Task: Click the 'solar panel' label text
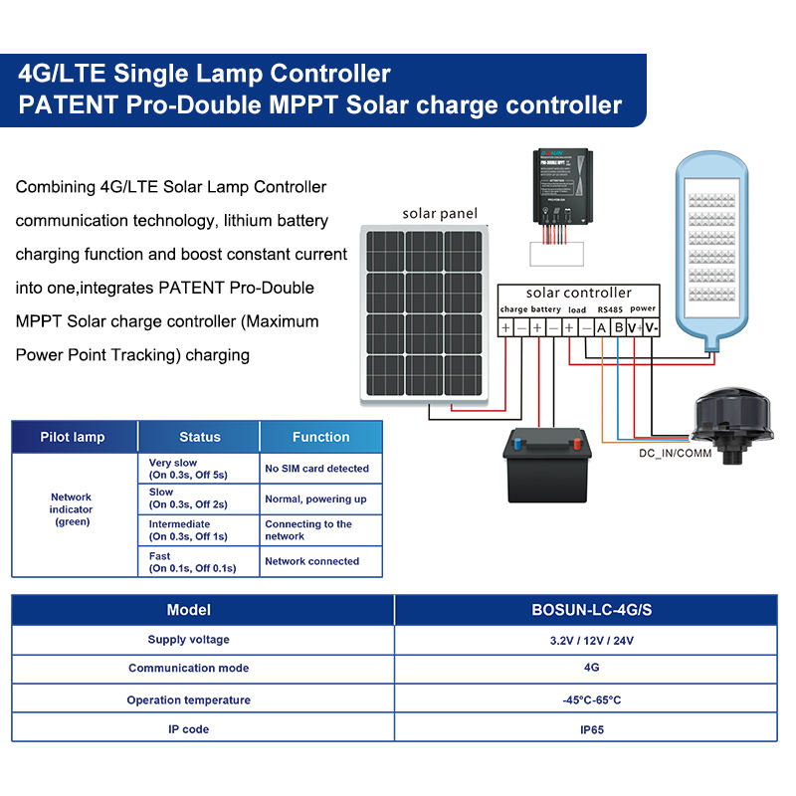click(440, 213)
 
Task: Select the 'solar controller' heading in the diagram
click(578, 293)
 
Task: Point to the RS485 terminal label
click(609, 309)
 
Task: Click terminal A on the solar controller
click(602, 327)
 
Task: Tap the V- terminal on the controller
click(651, 327)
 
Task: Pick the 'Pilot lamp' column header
click(73, 437)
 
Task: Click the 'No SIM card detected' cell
click(316, 469)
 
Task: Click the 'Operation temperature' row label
click(189, 700)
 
